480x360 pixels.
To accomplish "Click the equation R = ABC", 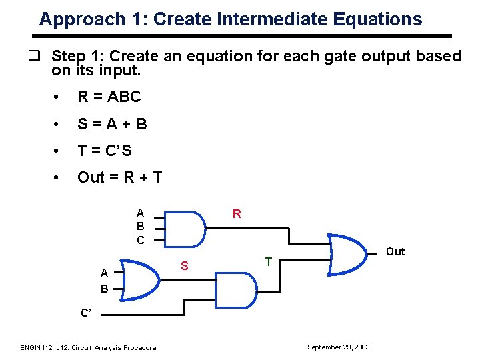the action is pyautogui.click(x=109, y=97).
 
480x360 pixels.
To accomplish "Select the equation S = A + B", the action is pyautogui.click(x=112, y=123).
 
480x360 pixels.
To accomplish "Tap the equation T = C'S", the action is pyautogui.click(x=104, y=151).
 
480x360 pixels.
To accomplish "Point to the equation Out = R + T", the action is pyautogui.click(x=119, y=177).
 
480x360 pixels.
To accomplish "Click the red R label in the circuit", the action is pyautogui.click(x=237, y=214).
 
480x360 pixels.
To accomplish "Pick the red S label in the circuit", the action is pyautogui.click(x=186, y=267).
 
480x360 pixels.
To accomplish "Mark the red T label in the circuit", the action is pyautogui.click(x=269, y=262).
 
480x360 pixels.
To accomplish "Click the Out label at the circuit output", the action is pyautogui.click(x=395, y=251).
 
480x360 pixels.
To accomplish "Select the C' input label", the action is pyautogui.click(x=87, y=312).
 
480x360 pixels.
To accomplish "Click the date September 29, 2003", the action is pyautogui.click(x=338, y=347).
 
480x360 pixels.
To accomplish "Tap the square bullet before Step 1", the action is pyautogui.click(x=41, y=56).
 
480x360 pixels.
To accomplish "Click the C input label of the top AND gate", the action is pyautogui.click(x=140, y=240).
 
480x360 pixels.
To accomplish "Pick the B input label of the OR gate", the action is pyautogui.click(x=104, y=289).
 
